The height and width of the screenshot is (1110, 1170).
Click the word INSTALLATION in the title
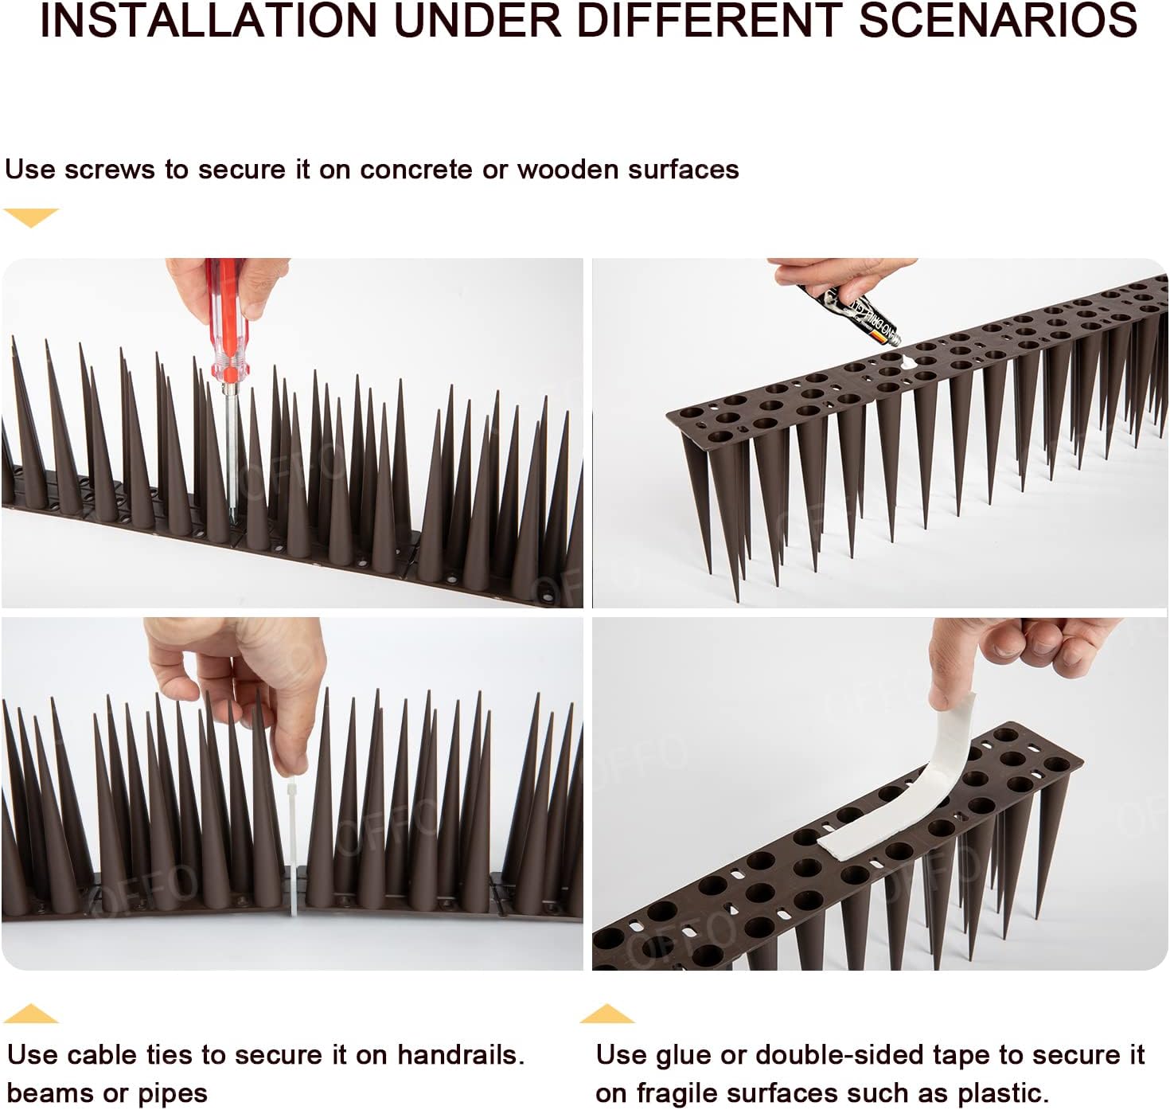coord(209,21)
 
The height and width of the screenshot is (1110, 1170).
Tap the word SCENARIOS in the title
coord(998,21)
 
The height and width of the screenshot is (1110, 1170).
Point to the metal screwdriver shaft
coord(232,446)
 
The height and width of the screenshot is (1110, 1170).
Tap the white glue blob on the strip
coord(908,362)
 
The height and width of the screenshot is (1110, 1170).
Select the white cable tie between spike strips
coord(293,844)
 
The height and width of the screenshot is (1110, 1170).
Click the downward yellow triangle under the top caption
coord(31,216)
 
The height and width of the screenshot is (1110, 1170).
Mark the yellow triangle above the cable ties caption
coord(31,1014)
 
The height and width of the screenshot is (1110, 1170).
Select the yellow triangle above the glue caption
coord(606,1014)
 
